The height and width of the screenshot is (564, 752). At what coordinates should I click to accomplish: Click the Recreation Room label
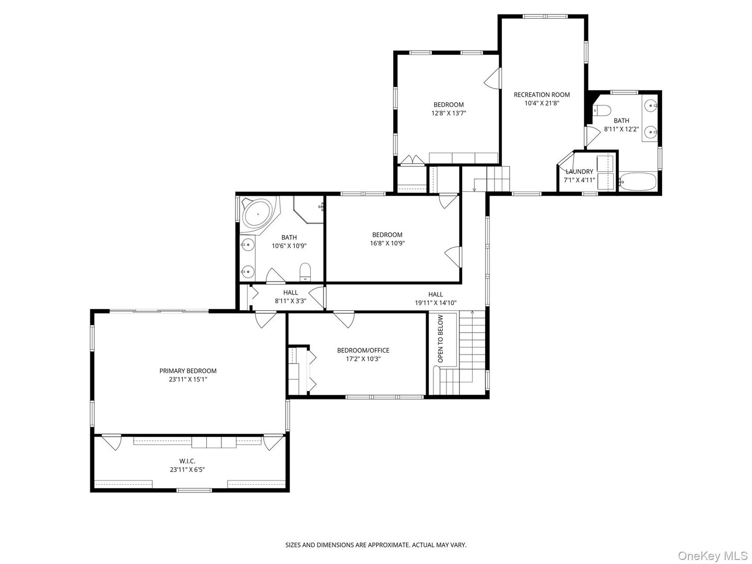pyautogui.click(x=542, y=95)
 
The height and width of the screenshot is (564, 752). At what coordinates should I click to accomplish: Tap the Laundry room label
pyautogui.click(x=579, y=172)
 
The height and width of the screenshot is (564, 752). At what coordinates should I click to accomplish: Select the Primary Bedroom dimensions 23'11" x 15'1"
pyautogui.click(x=187, y=380)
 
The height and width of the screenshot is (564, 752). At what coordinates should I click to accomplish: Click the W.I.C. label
pyautogui.click(x=187, y=461)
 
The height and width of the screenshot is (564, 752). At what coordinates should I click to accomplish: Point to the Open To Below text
pyautogui.click(x=440, y=339)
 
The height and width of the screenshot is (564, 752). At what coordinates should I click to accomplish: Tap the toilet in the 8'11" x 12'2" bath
pyautogui.click(x=602, y=110)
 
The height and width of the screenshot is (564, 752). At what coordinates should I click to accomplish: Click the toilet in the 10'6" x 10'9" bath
pyautogui.click(x=305, y=272)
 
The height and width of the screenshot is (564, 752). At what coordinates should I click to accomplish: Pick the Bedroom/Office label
pyautogui.click(x=363, y=350)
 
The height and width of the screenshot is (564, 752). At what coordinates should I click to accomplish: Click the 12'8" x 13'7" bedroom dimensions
pyautogui.click(x=448, y=113)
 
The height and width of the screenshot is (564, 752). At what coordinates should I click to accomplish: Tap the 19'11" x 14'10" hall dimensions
pyautogui.click(x=436, y=303)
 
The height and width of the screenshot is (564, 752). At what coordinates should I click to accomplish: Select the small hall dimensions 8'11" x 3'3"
pyautogui.click(x=290, y=301)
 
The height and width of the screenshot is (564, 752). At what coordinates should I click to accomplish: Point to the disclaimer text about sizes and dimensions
pyautogui.click(x=375, y=545)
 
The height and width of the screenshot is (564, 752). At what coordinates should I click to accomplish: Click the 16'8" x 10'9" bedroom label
pyautogui.click(x=387, y=234)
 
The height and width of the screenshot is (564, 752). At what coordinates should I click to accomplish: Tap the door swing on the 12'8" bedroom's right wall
pyautogui.click(x=493, y=79)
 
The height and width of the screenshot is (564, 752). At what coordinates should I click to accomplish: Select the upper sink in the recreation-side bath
pyautogui.click(x=651, y=105)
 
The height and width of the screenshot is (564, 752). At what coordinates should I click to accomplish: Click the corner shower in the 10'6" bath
pyautogui.click(x=308, y=208)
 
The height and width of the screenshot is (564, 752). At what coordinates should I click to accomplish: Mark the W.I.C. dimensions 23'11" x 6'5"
pyautogui.click(x=187, y=469)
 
